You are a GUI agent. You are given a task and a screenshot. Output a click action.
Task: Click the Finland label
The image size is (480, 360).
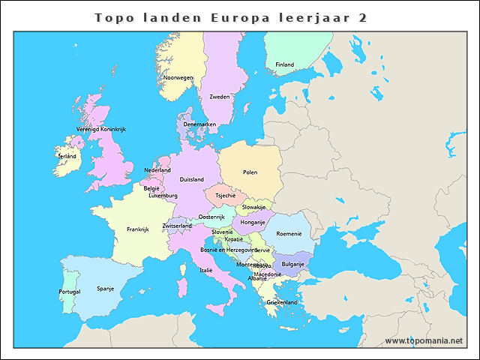pos(284,64)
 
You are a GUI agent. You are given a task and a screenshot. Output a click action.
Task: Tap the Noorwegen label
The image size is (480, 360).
pos(178,77)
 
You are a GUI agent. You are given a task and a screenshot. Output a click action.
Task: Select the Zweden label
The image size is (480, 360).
pos(220,97)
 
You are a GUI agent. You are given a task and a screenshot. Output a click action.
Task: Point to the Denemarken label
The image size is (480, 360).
pos(199,124)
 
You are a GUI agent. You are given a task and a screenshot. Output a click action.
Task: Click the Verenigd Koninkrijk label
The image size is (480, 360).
pos(101,129)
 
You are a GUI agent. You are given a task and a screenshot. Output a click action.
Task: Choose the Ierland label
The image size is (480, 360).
pos(66,156)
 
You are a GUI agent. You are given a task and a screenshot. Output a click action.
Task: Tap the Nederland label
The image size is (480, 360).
pos(157,170)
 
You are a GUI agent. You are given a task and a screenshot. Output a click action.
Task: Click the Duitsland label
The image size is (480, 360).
pos(192,179)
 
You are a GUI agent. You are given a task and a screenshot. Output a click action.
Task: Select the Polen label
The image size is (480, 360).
pos(250,172)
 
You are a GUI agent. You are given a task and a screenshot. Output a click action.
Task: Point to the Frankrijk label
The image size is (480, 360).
pos(138,229)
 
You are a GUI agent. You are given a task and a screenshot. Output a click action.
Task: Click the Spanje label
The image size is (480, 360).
pos(105,288)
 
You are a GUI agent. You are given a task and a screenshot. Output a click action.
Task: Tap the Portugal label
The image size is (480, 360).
pos(69,292)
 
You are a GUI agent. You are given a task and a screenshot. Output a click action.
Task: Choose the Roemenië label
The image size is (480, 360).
pos(289,233)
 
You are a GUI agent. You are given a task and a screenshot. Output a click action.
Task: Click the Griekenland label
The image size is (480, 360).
pos(282,302)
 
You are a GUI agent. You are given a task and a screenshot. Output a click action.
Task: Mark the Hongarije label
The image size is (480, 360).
pos(253,222)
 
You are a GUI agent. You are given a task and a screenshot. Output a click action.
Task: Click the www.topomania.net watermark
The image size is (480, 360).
pos(424,340)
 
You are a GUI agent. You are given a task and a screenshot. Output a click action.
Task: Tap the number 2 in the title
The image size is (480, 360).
pos(363,16)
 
